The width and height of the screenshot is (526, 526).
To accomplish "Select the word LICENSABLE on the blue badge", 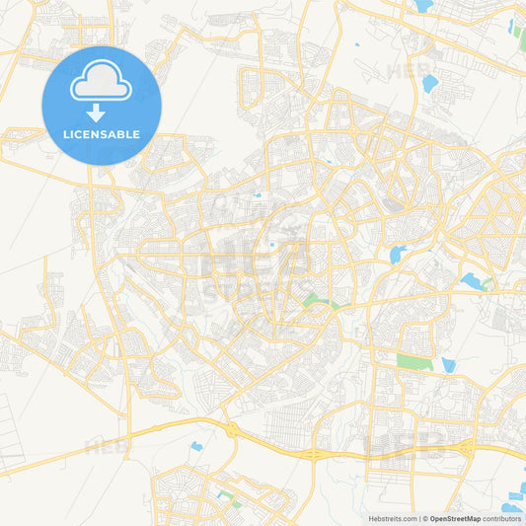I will coord(102,134).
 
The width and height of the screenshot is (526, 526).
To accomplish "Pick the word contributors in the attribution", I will coord(502,518).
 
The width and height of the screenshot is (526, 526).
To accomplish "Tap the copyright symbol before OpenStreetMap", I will coord(425,518).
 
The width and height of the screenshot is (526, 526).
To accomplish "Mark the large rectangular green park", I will coord(413,362).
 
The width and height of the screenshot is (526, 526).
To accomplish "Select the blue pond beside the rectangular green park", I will coord(449,365).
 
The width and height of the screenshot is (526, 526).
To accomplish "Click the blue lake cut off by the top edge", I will coord(423,6).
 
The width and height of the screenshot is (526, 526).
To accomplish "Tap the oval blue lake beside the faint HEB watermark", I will coord(429,84).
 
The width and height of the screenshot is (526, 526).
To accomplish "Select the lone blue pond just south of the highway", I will coord(195,447).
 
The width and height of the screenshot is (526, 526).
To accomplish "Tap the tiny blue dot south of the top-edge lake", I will coord(357,44).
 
